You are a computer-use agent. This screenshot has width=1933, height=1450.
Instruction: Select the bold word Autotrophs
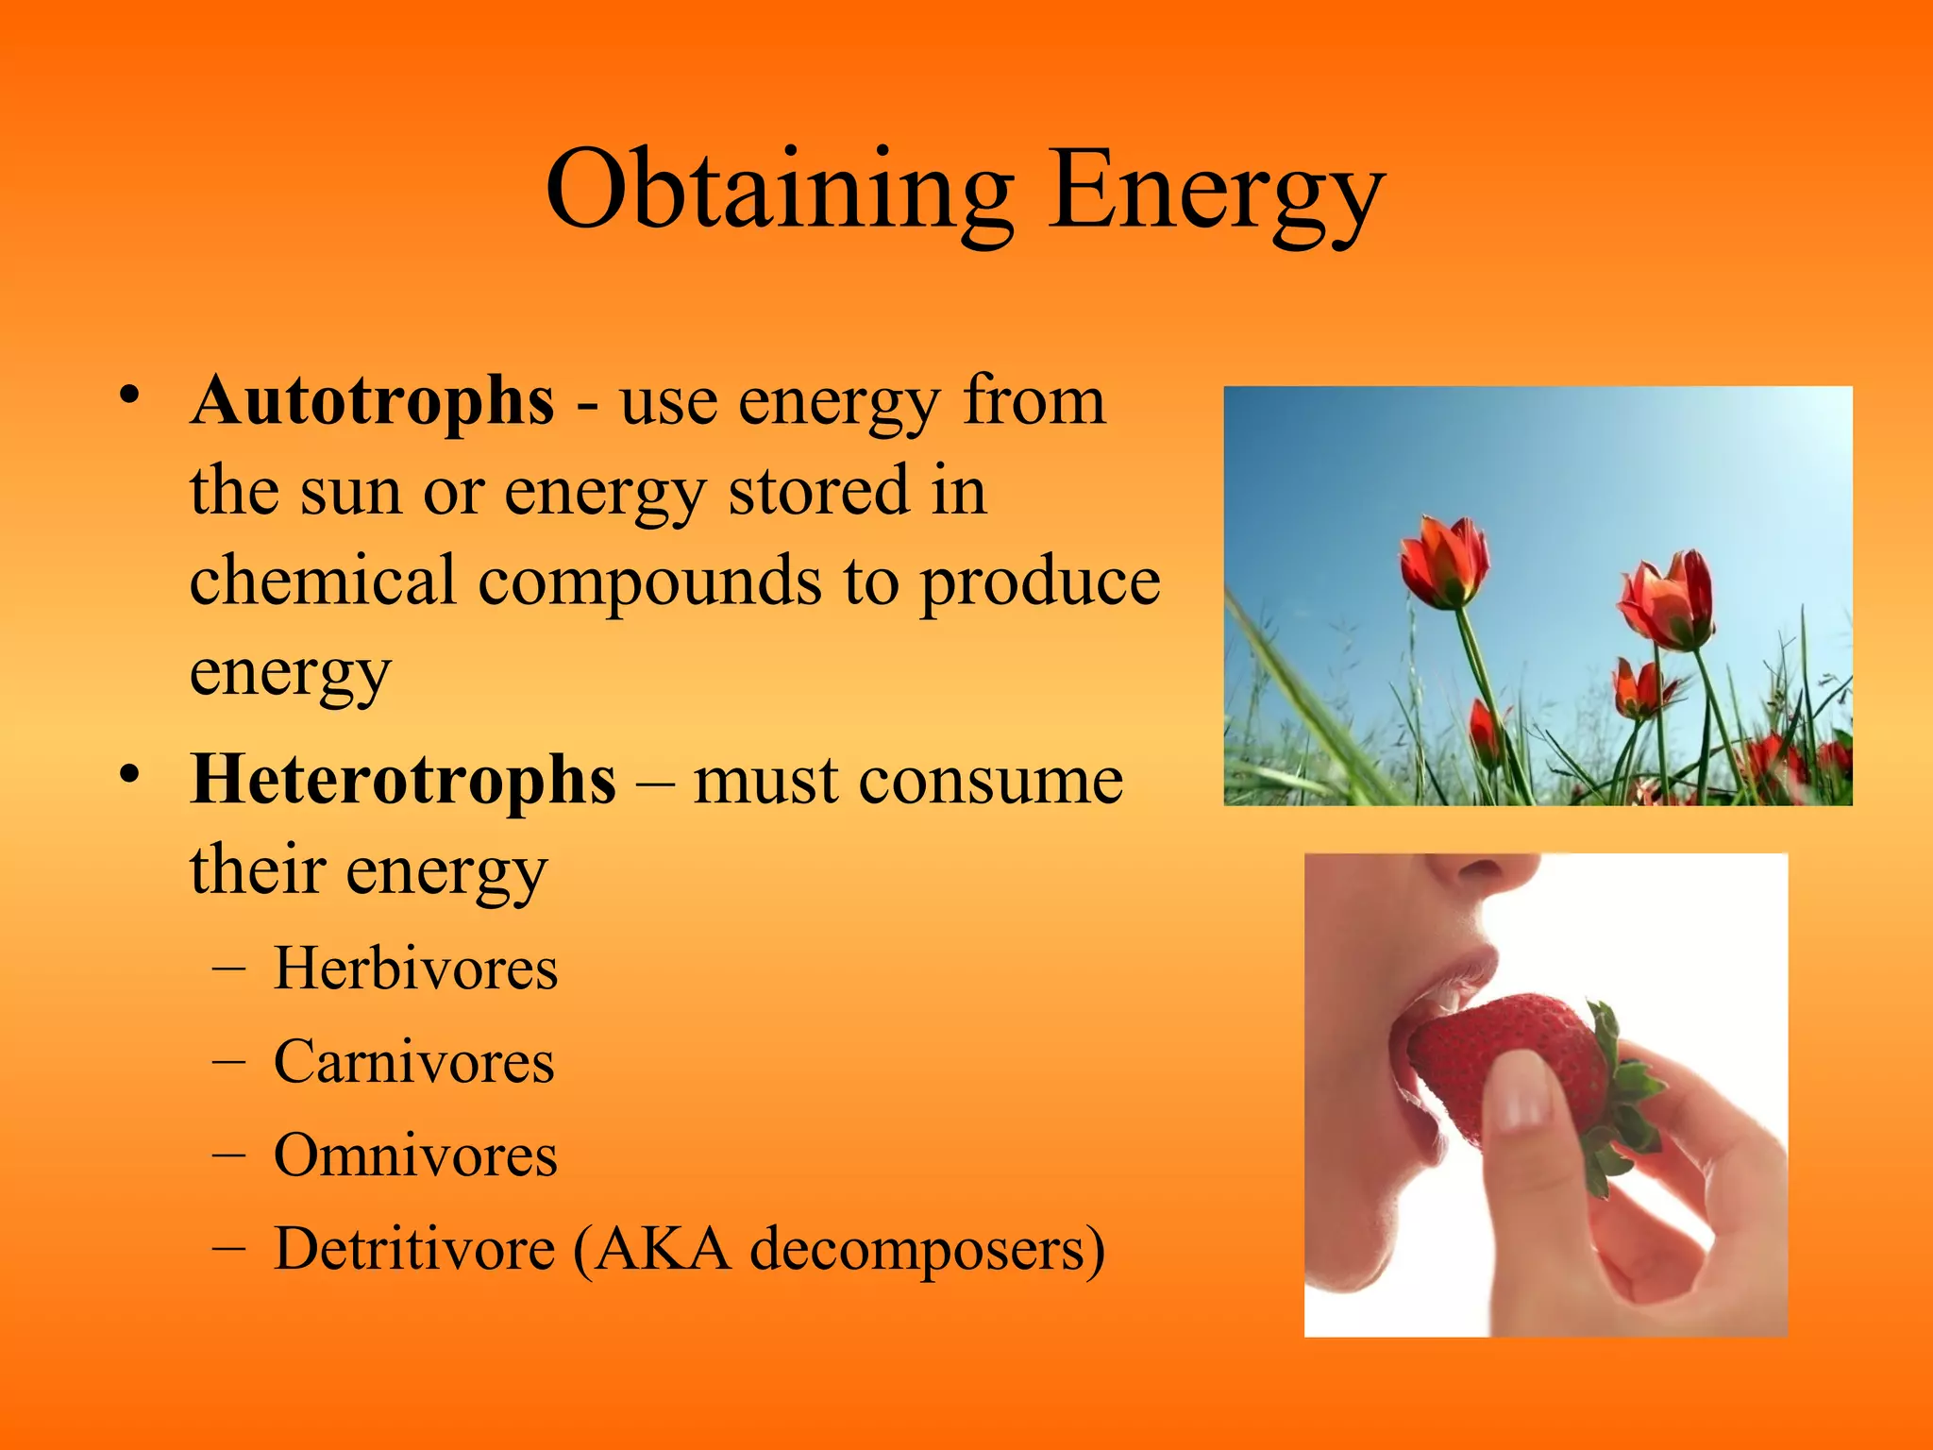point(372,401)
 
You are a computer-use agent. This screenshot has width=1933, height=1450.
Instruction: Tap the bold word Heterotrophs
point(403,781)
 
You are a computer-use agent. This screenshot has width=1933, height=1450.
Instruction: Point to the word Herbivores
point(415,969)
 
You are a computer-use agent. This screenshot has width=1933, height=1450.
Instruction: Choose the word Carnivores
point(413,1062)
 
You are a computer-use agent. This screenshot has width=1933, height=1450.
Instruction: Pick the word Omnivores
point(415,1155)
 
